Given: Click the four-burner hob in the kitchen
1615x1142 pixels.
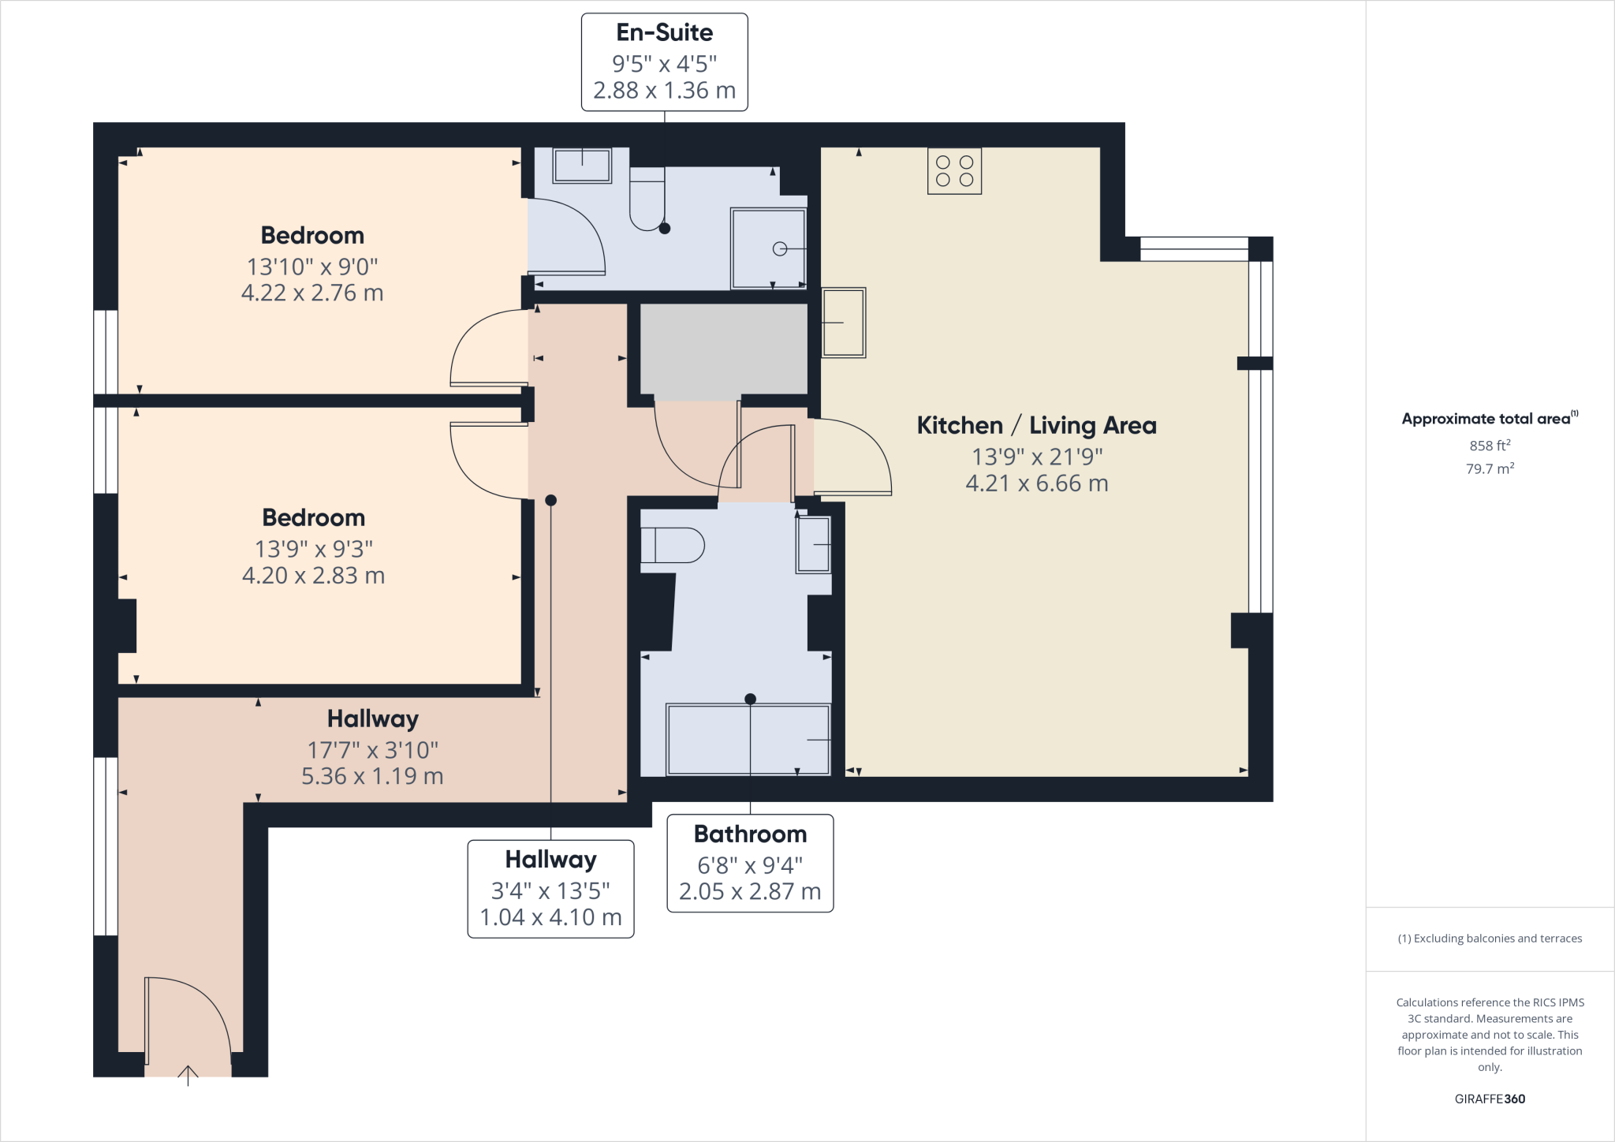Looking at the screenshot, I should (954, 171).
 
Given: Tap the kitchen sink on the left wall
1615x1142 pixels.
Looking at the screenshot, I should (843, 323).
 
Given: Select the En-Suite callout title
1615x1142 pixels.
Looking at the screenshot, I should (664, 32).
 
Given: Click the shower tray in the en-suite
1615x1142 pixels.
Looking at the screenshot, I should (768, 248).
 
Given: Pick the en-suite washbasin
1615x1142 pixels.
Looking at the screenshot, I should (582, 166).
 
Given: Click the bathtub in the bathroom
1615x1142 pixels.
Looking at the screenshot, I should (748, 740).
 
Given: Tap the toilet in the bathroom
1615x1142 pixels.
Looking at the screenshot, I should (672, 545).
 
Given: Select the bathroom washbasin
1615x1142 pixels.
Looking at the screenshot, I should (813, 544).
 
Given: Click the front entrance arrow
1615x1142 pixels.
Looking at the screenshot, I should (188, 1075).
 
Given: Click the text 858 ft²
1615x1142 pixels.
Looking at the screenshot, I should (1490, 446).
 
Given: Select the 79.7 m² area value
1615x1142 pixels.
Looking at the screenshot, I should (1490, 468).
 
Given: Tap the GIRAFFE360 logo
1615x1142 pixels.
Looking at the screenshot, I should (1490, 1099).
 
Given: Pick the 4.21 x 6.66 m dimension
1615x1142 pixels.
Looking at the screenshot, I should (1036, 483).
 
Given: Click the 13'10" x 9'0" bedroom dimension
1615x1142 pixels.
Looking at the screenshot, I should (312, 267).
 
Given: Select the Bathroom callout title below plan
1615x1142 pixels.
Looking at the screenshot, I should (750, 834).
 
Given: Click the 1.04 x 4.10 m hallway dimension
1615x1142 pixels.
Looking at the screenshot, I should (550, 917).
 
